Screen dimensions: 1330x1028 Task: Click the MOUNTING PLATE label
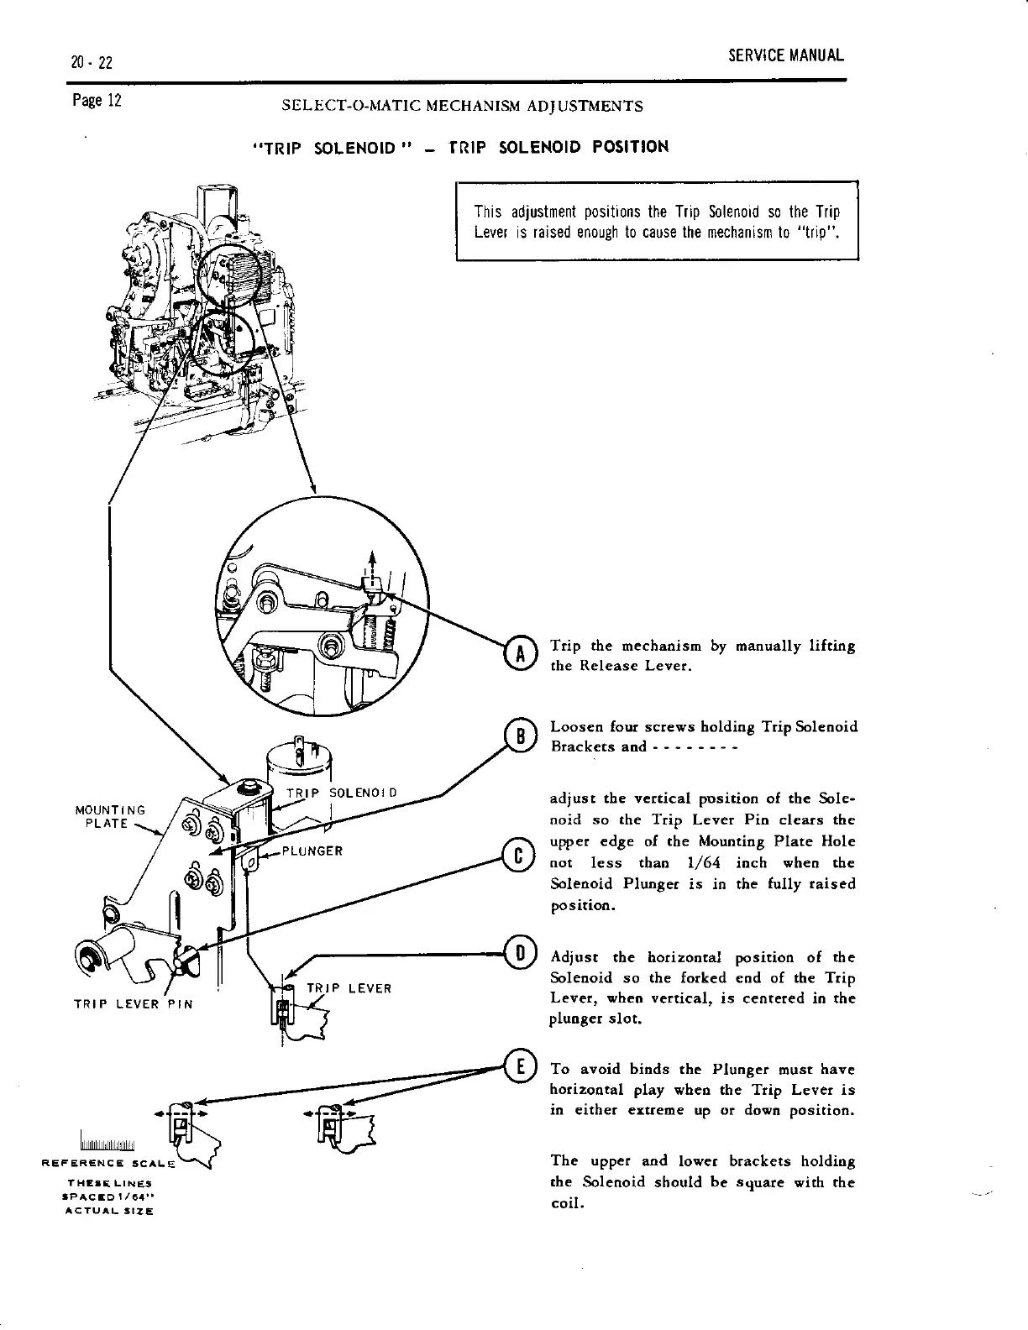[110, 816]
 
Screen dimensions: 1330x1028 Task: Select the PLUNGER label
[312, 851]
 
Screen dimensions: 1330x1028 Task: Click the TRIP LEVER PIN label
[133, 1004]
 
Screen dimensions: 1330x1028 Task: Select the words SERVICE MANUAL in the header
[785, 56]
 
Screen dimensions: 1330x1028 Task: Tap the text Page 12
[97, 102]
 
